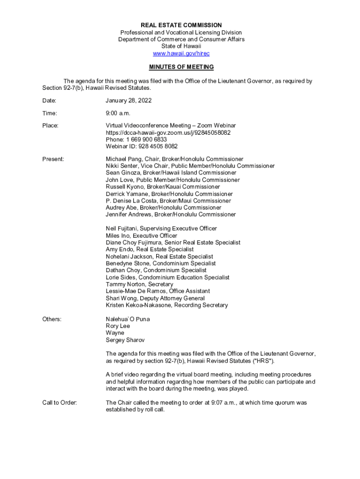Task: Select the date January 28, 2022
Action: click(x=129, y=101)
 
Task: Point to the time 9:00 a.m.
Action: click(x=118, y=113)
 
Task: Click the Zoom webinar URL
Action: click(x=168, y=133)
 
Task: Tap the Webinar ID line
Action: click(x=142, y=146)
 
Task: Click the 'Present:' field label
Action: click(x=53, y=159)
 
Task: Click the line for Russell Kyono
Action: click(x=163, y=187)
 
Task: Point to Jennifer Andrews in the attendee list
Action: click(x=171, y=214)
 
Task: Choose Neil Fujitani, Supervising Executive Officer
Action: click(x=161, y=229)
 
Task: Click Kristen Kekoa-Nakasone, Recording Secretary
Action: click(x=167, y=305)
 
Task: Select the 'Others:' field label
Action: click(x=52, y=319)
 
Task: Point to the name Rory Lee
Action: click(x=118, y=326)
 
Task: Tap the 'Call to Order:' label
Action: click(x=60, y=403)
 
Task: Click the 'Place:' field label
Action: click(x=50, y=126)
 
